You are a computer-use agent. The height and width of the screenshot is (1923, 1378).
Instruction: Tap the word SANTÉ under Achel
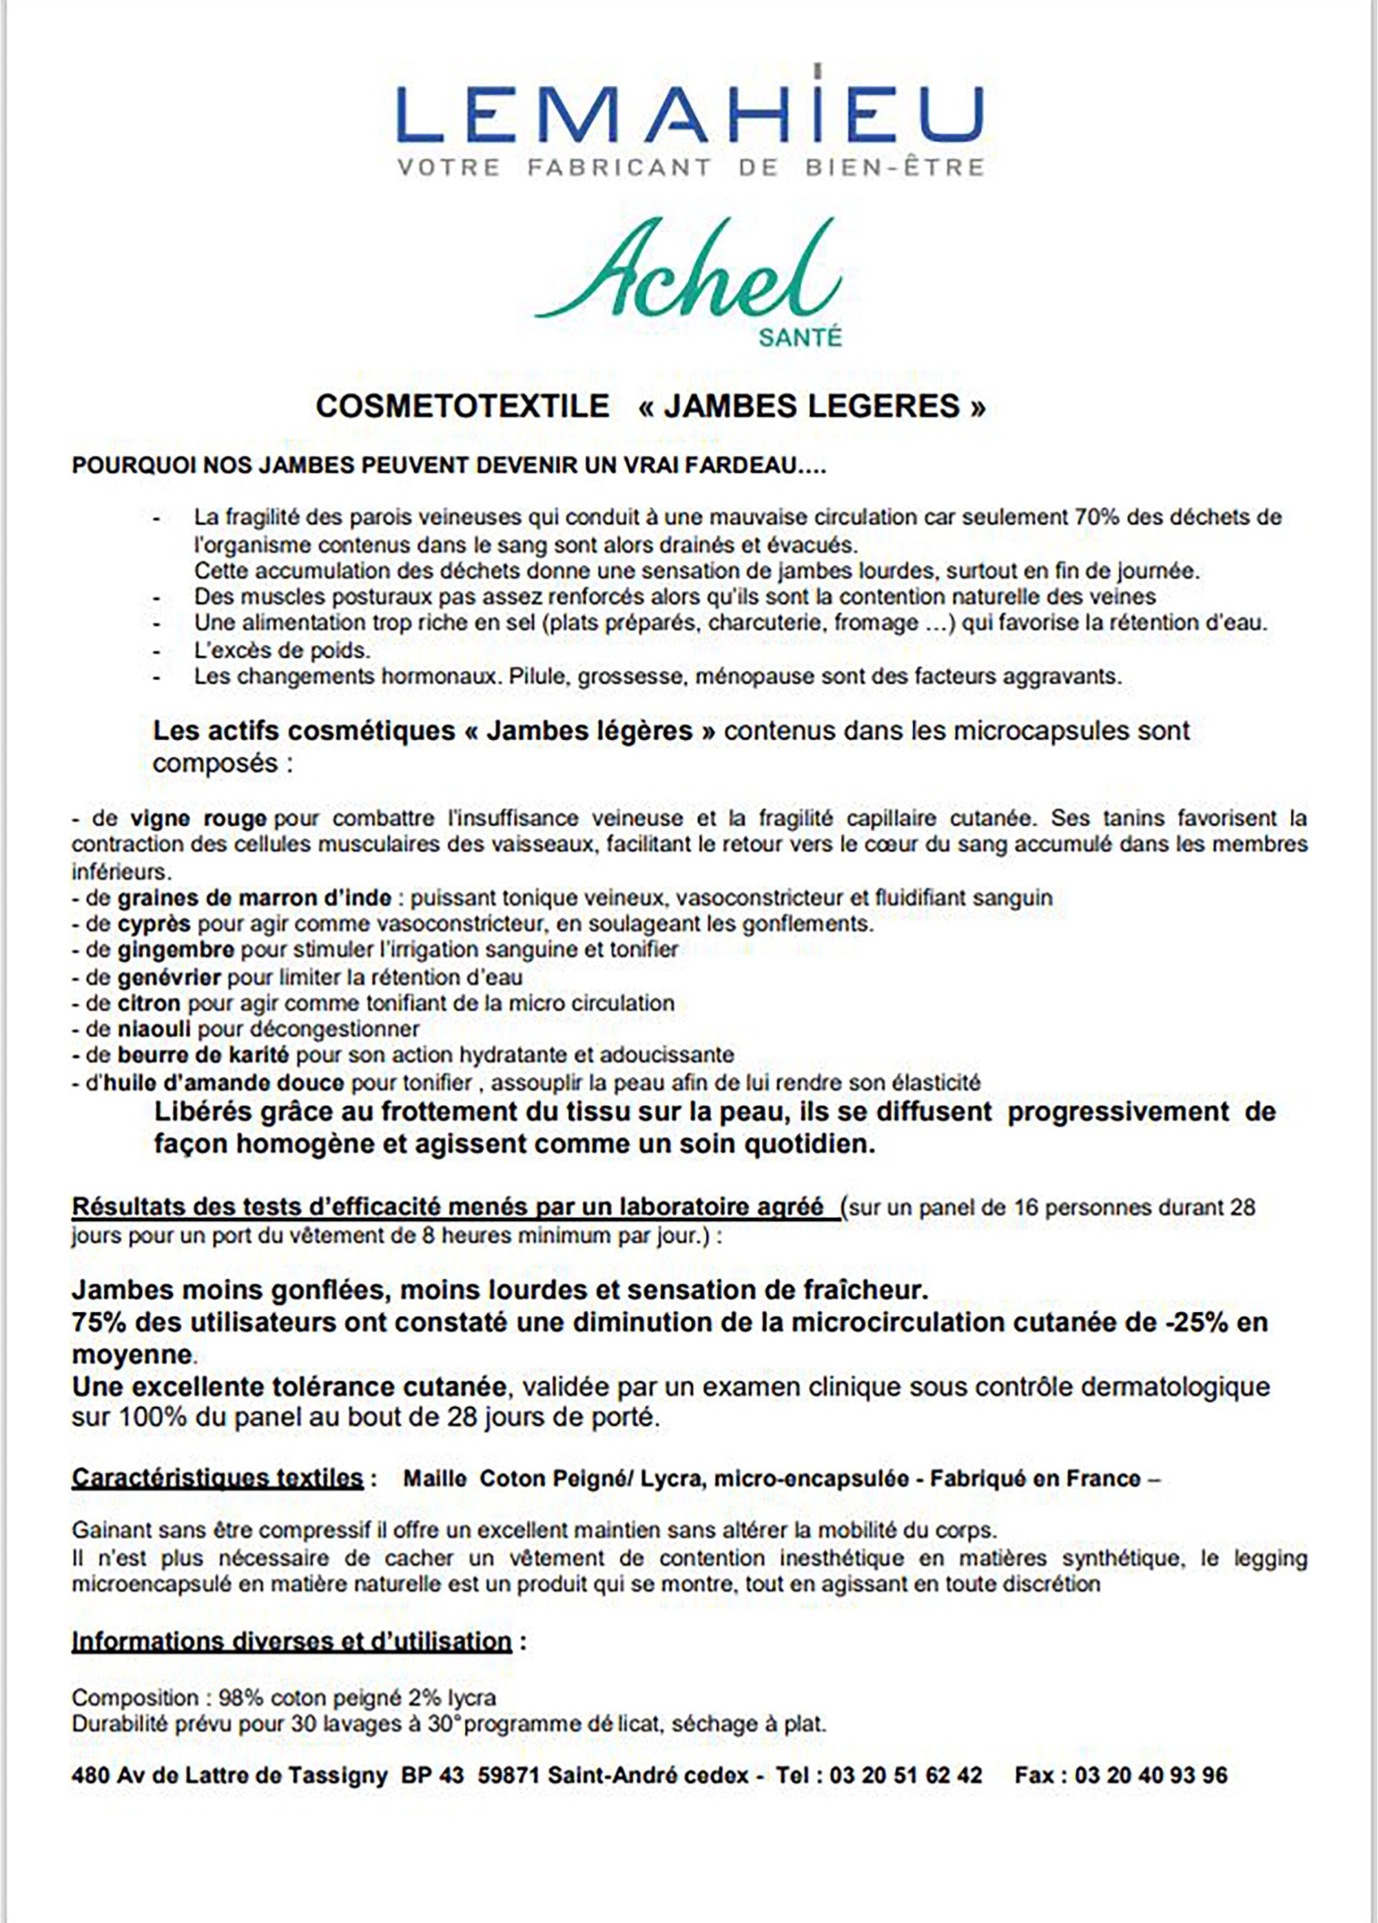point(800,338)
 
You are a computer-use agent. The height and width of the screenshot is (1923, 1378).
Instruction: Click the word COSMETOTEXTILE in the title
point(462,406)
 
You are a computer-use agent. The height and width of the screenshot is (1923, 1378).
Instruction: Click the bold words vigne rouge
point(198,819)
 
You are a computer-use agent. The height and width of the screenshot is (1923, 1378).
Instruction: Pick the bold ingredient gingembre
point(176,949)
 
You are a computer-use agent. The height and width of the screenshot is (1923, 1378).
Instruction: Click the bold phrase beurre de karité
point(203,1056)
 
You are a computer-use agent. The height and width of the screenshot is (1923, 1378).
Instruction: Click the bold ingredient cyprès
point(154,923)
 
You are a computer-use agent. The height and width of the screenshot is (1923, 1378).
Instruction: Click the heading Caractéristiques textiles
point(217,1478)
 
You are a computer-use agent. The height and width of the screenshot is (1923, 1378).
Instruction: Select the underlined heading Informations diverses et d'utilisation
point(291,1641)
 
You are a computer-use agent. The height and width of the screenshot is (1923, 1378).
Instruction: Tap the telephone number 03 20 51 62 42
point(905,1775)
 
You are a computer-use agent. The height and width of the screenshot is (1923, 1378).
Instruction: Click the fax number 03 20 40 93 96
point(1150,1775)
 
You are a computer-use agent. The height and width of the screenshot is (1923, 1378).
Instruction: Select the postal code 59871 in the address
point(508,1775)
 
